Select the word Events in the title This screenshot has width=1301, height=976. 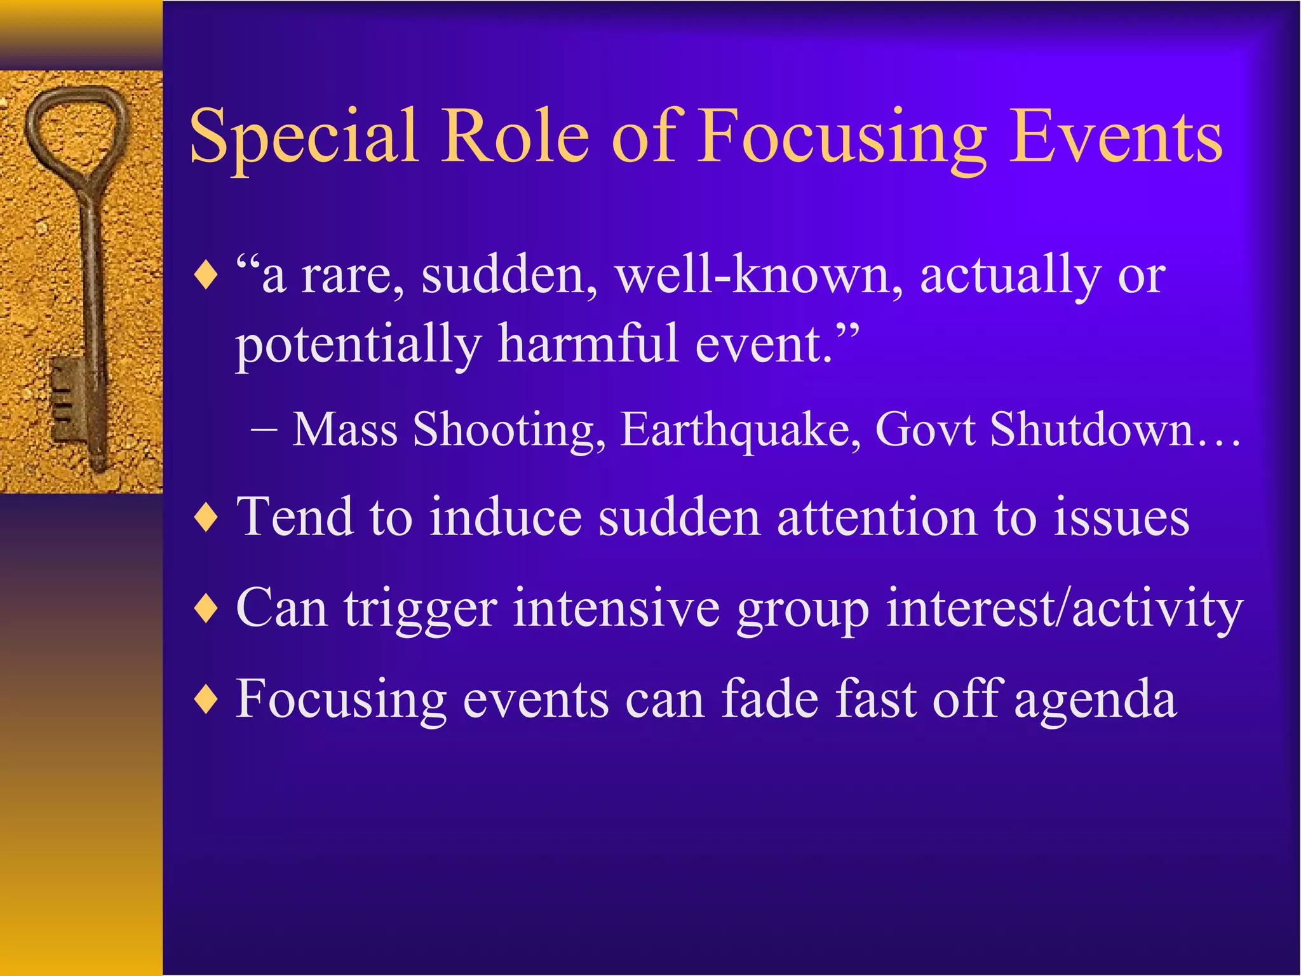pos(1116,137)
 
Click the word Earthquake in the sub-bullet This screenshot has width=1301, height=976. pos(741,430)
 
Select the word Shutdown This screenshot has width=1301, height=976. pos(1093,430)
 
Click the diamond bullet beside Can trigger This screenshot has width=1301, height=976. pos(207,609)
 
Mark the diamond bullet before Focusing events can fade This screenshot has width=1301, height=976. pos(207,700)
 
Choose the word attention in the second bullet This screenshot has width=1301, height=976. pos(877,517)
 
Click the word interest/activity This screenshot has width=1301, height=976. pos(1063,609)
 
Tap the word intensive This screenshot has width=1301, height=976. pos(616,609)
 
